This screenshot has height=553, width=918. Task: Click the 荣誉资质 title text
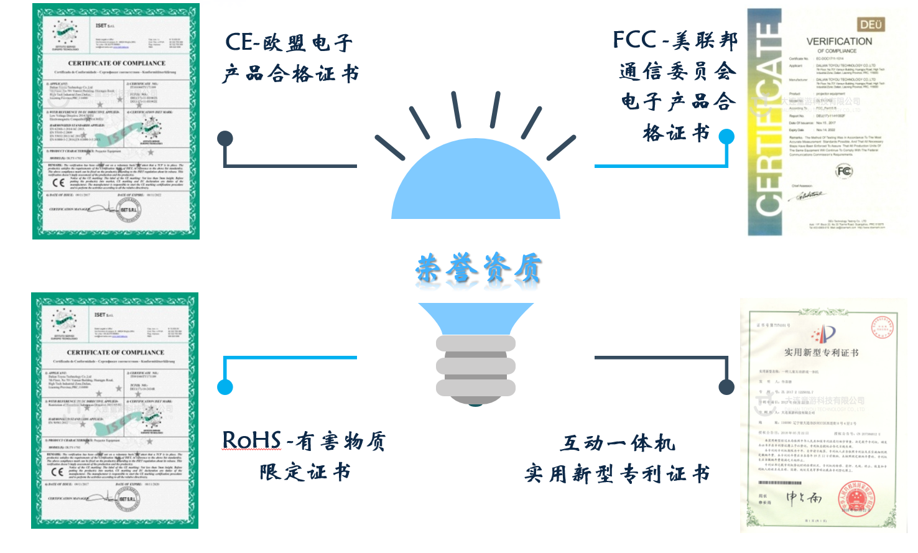tap(478, 269)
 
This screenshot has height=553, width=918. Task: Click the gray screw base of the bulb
tap(476, 368)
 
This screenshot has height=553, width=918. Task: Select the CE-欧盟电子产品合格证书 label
tap(290, 58)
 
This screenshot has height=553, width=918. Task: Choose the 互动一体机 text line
tap(618, 443)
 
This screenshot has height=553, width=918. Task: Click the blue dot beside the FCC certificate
tap(726, 137)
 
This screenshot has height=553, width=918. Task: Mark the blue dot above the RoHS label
tap(225, 387)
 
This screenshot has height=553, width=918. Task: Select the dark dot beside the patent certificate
tap(726, 387)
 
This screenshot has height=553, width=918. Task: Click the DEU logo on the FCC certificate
tap(871, 25)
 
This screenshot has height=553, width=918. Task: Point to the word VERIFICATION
tap(839, 41)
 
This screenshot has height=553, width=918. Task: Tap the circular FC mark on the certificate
tap(844, 171)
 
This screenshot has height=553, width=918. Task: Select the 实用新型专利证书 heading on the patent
tap(821, 353)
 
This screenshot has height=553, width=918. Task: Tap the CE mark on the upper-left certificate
tap(58, 182)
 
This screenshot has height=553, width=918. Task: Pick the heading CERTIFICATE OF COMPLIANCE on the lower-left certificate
tap(116, 352)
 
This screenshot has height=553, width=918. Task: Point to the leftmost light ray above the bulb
tap(390, 148)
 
